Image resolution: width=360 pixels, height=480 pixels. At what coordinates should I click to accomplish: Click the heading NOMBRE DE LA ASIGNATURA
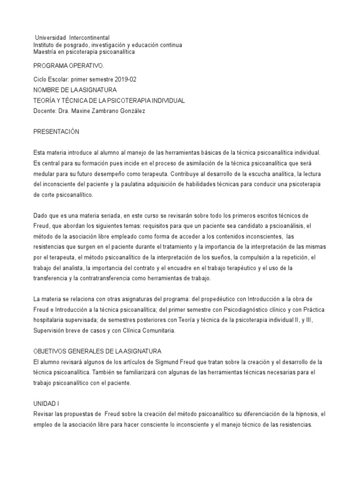point(75,90)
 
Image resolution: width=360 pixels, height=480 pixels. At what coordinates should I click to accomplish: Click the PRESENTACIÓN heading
point(56,132)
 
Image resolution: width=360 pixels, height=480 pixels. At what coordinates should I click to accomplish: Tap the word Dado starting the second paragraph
point(41,215)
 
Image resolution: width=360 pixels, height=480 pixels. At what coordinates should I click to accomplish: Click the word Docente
point(45,111)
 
